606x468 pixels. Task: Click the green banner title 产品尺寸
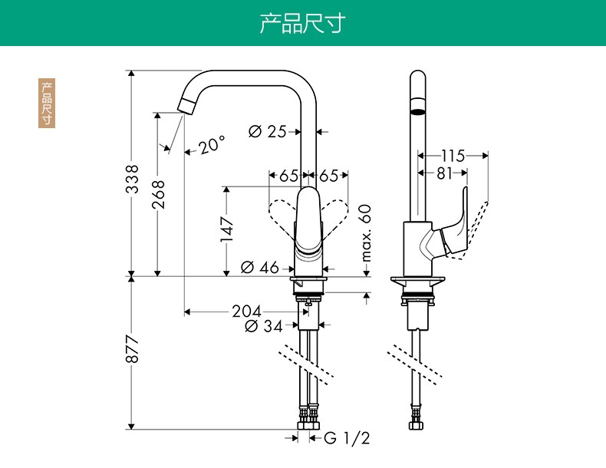click(x=302, y=23)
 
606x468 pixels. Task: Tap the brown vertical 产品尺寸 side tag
click(x=48, y=103)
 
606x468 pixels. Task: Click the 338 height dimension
click(x=133, y=178)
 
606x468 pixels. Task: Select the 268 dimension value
click(x=158, y=196)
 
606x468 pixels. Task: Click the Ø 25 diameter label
click(x=268, y=131)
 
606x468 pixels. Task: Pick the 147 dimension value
click(x=227, y=228)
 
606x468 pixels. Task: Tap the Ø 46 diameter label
click(x=260, y=268)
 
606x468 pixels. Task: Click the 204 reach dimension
click(x=246, y=311)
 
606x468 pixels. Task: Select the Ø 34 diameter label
click(x=263, y=326)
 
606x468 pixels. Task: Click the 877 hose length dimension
click(x=133, y=350)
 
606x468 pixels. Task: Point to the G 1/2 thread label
click(x=347, y=438)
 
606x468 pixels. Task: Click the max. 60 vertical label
click(x=366, y=232)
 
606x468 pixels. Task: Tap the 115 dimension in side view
click(x=453, y=156)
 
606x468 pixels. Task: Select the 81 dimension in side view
click(x=445, y=173)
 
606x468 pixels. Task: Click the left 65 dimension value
click(x=288, y=175)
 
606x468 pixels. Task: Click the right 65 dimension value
click(x=329, y=175)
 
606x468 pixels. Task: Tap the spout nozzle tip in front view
click(x=186, y=106)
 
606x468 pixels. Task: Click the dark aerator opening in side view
click(x=417, y=112)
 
